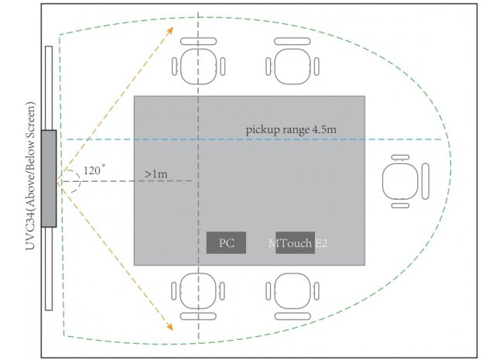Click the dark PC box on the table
coord(226,242)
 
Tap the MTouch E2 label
coord(298,243)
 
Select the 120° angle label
coord(94,170)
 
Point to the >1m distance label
coord(156,174)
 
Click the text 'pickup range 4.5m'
coord(291,129)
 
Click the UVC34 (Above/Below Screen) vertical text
coord(30,176)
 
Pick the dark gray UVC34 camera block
coord(49,178)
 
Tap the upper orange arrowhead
coord(170,30)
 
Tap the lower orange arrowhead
coord(169,327)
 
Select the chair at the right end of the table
coord(405,181)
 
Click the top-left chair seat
coord(198,67)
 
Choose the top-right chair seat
coord(293,67)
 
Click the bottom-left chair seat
coord(198,290)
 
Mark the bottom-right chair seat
coord(293,290)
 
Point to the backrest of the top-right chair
coord(293,41)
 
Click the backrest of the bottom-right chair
coord(293,317)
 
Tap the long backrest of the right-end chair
coord(426,181)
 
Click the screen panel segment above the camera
coord(49,88)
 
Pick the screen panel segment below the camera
coord(49,269)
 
